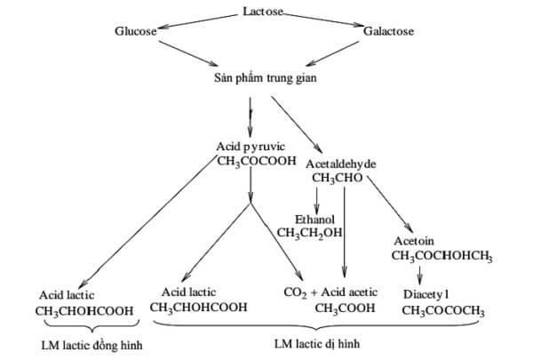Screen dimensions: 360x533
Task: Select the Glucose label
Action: [135, 31]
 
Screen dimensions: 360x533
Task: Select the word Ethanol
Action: [315, 219]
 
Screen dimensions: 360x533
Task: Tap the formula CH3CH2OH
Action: [310, 233]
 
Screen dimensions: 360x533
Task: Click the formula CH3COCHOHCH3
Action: [442, 257]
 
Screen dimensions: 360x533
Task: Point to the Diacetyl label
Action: [430, 294]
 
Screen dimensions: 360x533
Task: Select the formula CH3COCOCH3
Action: [443, 310]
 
